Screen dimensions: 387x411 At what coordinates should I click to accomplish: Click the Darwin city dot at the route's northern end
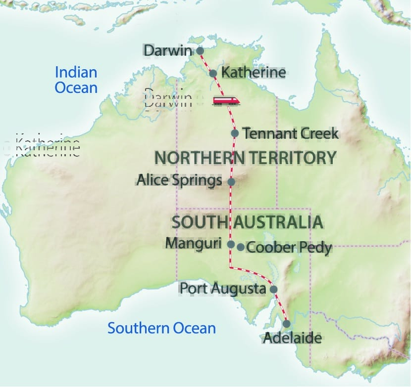200,50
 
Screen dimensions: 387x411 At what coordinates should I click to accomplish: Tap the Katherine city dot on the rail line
213,74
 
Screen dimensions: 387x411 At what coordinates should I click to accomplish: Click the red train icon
226,101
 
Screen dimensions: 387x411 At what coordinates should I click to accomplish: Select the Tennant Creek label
291,133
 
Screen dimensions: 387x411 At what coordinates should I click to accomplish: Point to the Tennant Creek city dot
235,133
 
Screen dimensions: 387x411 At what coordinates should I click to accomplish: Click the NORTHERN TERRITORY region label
246,158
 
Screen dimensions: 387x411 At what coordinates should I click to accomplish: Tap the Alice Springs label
179,181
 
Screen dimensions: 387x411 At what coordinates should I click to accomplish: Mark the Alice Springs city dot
231,182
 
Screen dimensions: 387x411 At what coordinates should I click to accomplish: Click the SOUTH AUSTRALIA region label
247,222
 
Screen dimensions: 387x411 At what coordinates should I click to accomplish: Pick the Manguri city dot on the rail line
231,244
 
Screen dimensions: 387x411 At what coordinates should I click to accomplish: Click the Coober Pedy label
289,247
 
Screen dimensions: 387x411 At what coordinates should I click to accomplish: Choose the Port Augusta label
223,288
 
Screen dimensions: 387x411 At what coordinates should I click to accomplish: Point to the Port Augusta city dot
273,290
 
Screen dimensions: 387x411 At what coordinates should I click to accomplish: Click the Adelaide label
292,339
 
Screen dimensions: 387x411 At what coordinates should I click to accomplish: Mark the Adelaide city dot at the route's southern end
286,324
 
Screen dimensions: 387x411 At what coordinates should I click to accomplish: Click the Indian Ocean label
76,80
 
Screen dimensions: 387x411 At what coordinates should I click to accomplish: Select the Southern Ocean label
162,328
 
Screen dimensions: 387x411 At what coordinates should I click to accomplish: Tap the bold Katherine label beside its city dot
254,73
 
